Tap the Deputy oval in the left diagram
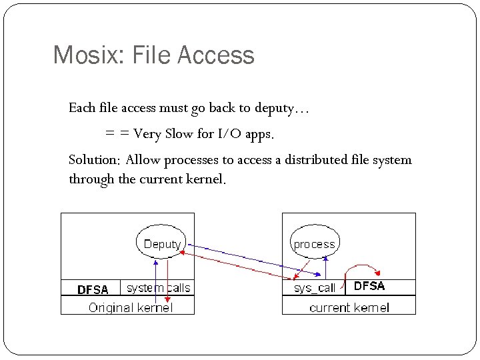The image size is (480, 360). pos(161,243)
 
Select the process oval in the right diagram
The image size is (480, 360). pos(314,243)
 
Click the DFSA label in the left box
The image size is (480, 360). pos(93,289)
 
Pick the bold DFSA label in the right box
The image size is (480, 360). pos(369,287)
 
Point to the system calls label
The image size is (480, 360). pos(158,288)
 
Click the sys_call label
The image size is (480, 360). pos(315,288)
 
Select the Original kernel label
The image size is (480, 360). pos(130,307)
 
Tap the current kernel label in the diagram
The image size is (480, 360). pos(349,307)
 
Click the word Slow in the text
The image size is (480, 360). pos(179,134)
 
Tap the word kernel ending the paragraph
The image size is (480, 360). pos(206,180)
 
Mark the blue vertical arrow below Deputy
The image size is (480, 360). pos(156,280)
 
